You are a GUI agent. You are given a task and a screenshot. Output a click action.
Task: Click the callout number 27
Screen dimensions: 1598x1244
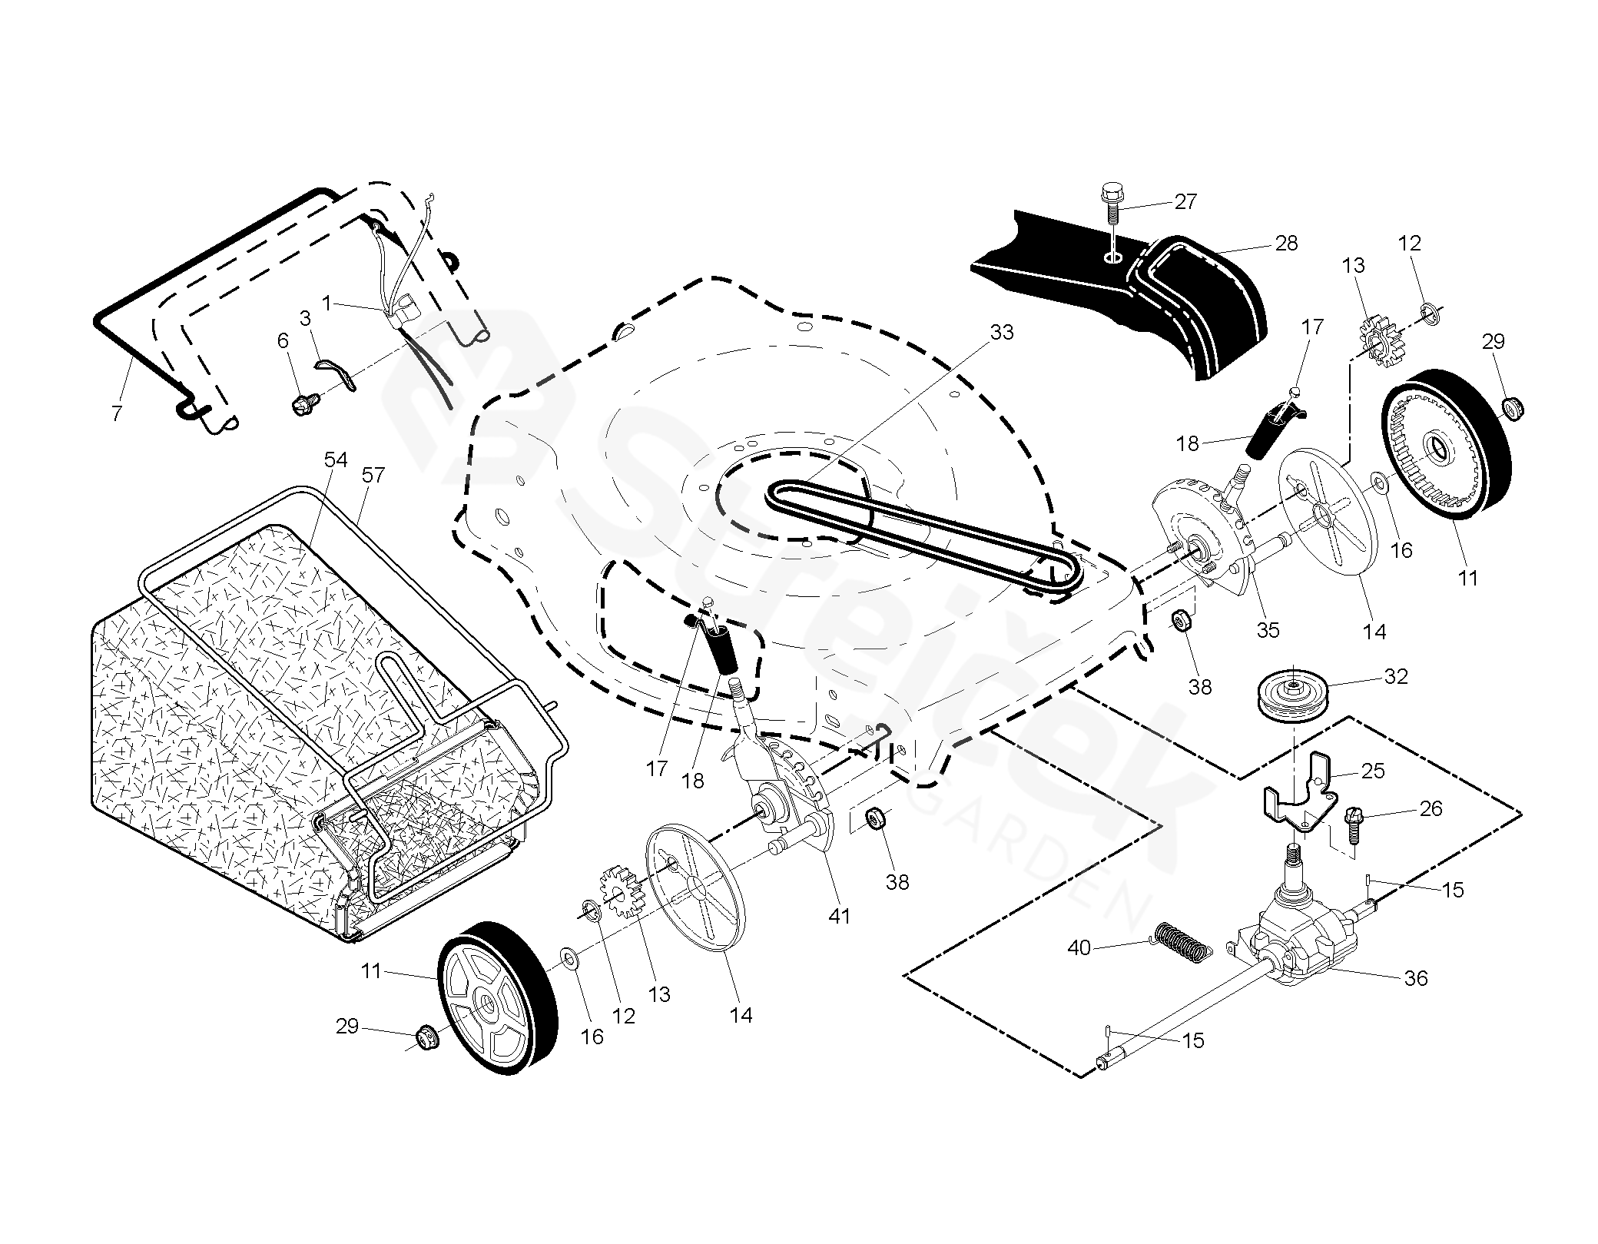(1185, 201)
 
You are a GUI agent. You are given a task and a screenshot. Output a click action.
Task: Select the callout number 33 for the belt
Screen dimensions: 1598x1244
(1002, 332)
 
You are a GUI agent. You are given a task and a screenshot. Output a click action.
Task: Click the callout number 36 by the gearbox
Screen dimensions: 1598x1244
(1415, 978)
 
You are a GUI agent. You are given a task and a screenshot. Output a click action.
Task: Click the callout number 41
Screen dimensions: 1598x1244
(839, 916)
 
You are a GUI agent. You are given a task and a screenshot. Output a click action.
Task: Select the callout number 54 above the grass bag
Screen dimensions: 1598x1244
(336, 459)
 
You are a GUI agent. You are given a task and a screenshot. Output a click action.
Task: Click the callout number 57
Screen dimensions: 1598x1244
(373, 475)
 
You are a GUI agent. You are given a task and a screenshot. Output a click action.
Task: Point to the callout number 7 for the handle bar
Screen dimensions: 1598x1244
(116, 414)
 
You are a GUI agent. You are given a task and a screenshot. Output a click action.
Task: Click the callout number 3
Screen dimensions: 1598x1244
(305, 318)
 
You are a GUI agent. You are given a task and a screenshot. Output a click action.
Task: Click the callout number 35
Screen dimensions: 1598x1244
(1268, 629)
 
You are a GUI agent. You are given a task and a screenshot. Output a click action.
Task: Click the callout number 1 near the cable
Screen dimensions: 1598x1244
(327, 304)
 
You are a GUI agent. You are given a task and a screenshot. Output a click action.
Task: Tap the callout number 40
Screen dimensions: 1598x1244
(1079, 948)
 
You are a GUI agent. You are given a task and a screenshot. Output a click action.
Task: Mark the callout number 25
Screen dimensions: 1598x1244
(1373, 771)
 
